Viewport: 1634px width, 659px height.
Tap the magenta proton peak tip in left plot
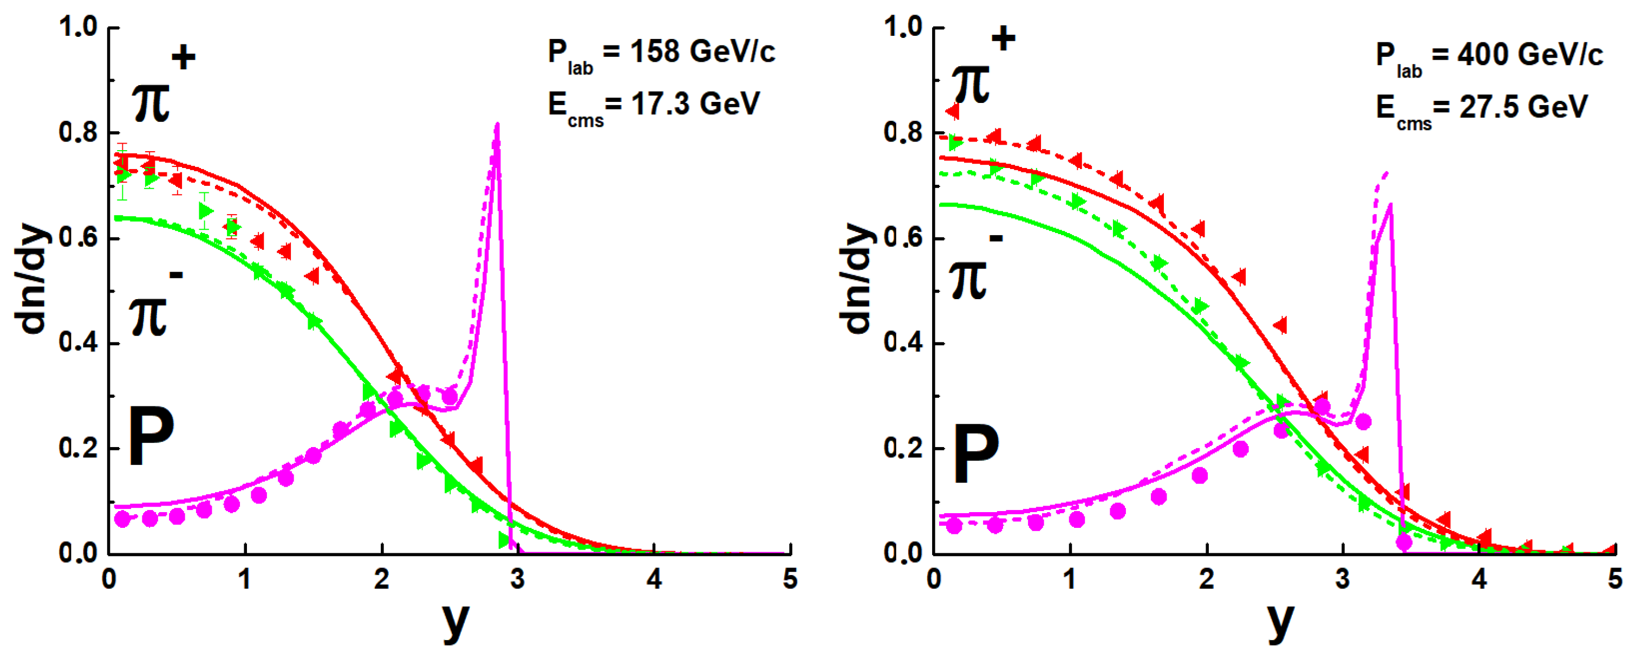pyautogui.click(x=497, y=125)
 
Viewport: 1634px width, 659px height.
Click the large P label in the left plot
pyautogui.click(x=151, y=437)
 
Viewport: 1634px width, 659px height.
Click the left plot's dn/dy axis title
pyautogui.click(x=32, y=278)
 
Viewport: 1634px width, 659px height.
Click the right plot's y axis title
pyautogui.click(x=1280, y=621)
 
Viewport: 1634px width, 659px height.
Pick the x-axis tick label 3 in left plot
pyautogui.click(x=518, y=579)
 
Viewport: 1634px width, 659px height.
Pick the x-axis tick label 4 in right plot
pyautogui.click(x=1479, y=579)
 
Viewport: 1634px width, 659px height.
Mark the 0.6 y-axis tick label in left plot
pyautogui.click(x=77, y=238)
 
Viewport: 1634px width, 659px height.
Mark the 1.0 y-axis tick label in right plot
pyautogui.click(x=903, y=27)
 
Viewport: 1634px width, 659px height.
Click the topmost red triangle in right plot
pyautogui.click(x=952, y=112)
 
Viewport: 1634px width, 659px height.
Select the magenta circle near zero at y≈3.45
pyautogui.click(x=1404, y=541)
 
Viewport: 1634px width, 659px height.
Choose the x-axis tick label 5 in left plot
pyautogui.click(x=790, y=579)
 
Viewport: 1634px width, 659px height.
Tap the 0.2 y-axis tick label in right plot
pyautogui.click(x=903, y=448)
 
